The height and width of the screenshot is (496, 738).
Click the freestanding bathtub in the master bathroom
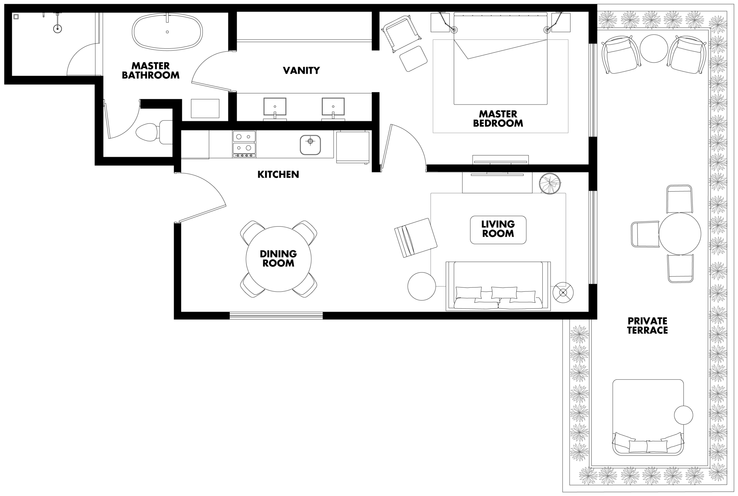pyautogui.click(x=167, y=32)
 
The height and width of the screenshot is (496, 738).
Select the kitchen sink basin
pyautogui.click(x=310, y=145)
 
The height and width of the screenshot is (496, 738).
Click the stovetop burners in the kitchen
pyautogui.click(x=244, y=144)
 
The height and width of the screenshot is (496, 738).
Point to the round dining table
pyautogui.click(x=278, y=259)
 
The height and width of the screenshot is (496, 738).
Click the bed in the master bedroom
pyautogui.click(x=500, y=59)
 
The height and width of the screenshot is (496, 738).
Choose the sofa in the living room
pyautogui.click(x=498, y=286)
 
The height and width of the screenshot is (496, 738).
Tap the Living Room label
pyautogui.click(x=498, y=229)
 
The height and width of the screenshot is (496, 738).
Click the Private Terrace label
pyautogui.click(x=647, y=326)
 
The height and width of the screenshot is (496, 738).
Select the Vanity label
pyautogui.click(x=301, y=70)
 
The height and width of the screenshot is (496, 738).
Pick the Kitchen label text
pyautogui.click(x=278, y=174)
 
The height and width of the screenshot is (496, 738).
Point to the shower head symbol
pyautogui.click(x=57, y=29)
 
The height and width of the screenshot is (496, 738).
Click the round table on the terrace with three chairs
pyautogui.click(x=680, y=234)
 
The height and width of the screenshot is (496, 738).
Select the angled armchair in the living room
pyautogui.click(x=415, y=238)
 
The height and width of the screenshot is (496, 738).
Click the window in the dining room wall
pyautogui.click(x=276, y=315)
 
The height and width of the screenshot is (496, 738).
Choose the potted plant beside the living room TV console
pyautogui.click(x=550, y=183)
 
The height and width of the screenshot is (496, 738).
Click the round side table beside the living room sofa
pyautogui.click(x=421, y=286)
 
